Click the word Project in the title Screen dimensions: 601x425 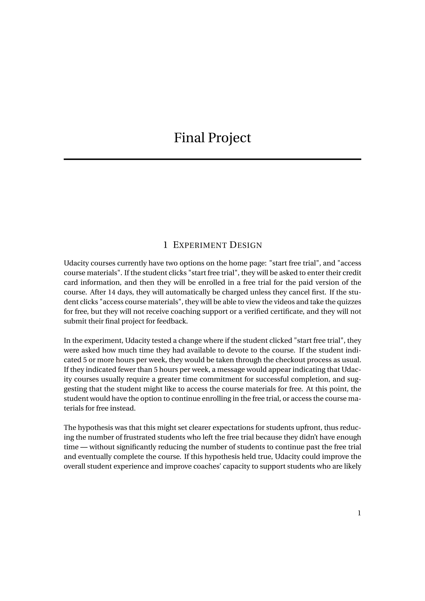click(x=229, y=138)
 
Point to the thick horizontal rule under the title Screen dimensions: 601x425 click(x=212, y=159)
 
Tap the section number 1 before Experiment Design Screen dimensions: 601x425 click(x=165, y=245)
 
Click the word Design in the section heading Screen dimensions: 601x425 click(x=246, y=245)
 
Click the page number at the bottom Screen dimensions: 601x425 click(x=359, y=513)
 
